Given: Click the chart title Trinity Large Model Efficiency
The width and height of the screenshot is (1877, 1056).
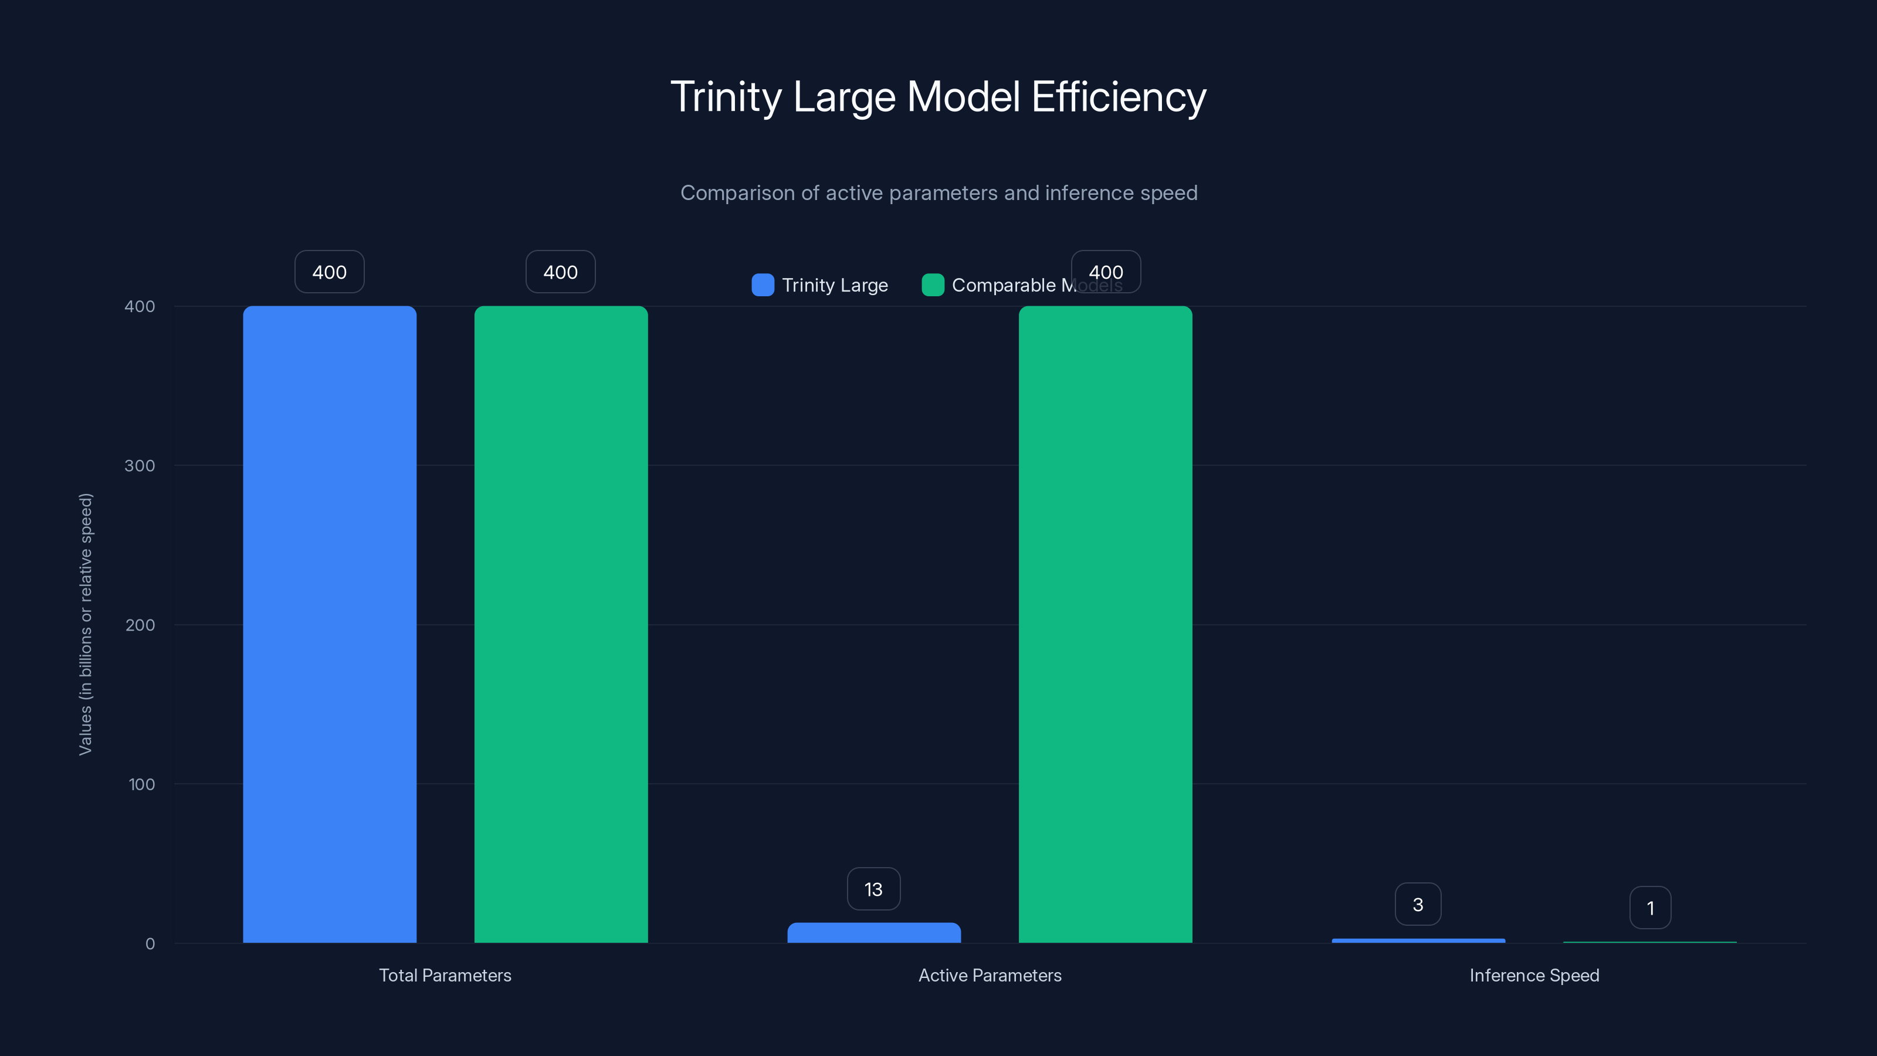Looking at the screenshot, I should [x=938, y=97].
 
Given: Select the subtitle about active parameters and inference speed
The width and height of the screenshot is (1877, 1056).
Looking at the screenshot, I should [x=938, y=193].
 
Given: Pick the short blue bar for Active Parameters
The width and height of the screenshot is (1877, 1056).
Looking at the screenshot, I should [x=873, y=933].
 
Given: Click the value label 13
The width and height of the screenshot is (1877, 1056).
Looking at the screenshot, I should [x=873, y=889].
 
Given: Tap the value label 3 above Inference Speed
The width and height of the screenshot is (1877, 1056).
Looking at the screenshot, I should [x=1417, y=905].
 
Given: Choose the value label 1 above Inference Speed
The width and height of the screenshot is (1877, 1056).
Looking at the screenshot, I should [x=1649, y=908].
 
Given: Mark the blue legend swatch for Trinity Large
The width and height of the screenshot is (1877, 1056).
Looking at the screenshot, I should [x=762, y=285].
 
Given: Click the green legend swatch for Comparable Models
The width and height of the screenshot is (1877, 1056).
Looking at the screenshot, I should [x=933, y=285].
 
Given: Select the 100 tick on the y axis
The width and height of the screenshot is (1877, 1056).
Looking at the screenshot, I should [x=141, y=784].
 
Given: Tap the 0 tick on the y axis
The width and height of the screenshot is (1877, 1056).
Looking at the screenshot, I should [x=150, y=944].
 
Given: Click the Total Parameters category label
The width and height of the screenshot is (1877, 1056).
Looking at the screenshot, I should [x=445, y=975].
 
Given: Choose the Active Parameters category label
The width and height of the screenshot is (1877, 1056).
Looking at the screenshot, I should [x=990, y=975].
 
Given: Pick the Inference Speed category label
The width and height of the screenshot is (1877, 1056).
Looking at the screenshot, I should [x=1534, y=975].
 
